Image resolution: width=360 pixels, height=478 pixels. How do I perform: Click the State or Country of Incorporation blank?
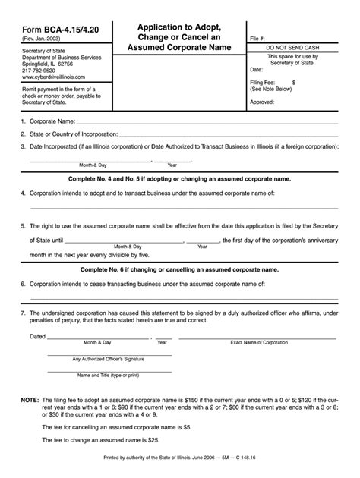pyautogui.click(x=228, y=134)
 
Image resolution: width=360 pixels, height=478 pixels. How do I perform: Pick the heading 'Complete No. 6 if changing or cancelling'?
pyautogui.click(x=179, y=269)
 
